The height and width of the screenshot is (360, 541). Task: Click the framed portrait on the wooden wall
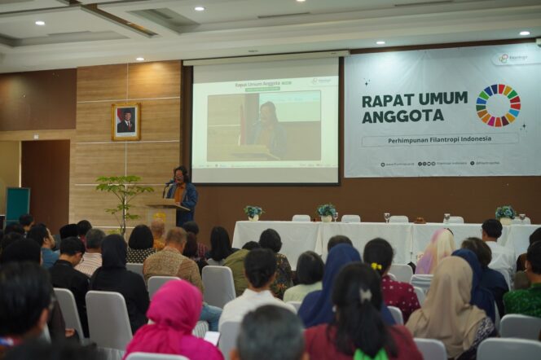pyautogui.click(x=125, y=121)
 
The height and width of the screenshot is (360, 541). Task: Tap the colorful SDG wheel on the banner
pyautogui.click(x=498, y=105)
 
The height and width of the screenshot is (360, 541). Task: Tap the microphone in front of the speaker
pyautogui.click(x=169, y=183)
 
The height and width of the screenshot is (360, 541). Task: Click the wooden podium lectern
pyautogui.click(x=165, y=214)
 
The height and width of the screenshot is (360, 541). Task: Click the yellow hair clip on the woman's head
pyautogui.click(x=376, y=266)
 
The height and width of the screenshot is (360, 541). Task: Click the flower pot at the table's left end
pyautogui.click(x=253, y=213)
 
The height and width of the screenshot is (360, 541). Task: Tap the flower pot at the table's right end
pyautogui.click(x=505, y=214)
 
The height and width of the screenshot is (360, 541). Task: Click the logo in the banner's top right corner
pyautogui.click(x=513, y=58)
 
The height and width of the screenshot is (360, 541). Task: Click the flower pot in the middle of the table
pyautogui.click(x=327, y=212)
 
